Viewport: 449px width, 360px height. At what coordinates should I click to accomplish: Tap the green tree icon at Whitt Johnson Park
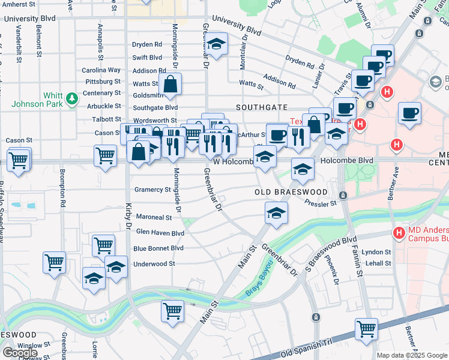click(71, 97)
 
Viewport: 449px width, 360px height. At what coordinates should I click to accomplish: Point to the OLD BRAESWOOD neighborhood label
click(291, 192)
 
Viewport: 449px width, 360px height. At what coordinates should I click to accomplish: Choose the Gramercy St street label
click(152, 190)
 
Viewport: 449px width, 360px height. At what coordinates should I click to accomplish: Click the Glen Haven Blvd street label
click(160, 233)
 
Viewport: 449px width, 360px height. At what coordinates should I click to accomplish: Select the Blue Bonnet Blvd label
click(158, 248)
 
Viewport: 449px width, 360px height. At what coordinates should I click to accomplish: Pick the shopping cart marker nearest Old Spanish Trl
click(366, 328)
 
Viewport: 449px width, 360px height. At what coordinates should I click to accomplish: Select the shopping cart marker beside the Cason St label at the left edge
click(19, 160)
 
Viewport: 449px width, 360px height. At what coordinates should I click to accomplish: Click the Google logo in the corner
click(20, 352)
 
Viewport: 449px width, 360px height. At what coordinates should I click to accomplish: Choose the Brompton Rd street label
click(62, 195)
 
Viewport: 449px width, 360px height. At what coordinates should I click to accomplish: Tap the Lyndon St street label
click(379, 253)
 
